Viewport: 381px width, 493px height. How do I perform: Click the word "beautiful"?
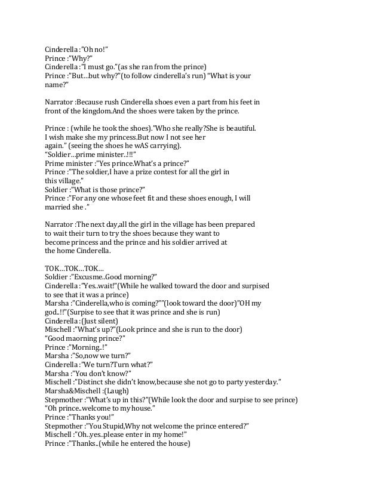click(236, 128)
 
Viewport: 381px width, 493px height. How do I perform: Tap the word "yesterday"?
click(260, 381)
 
